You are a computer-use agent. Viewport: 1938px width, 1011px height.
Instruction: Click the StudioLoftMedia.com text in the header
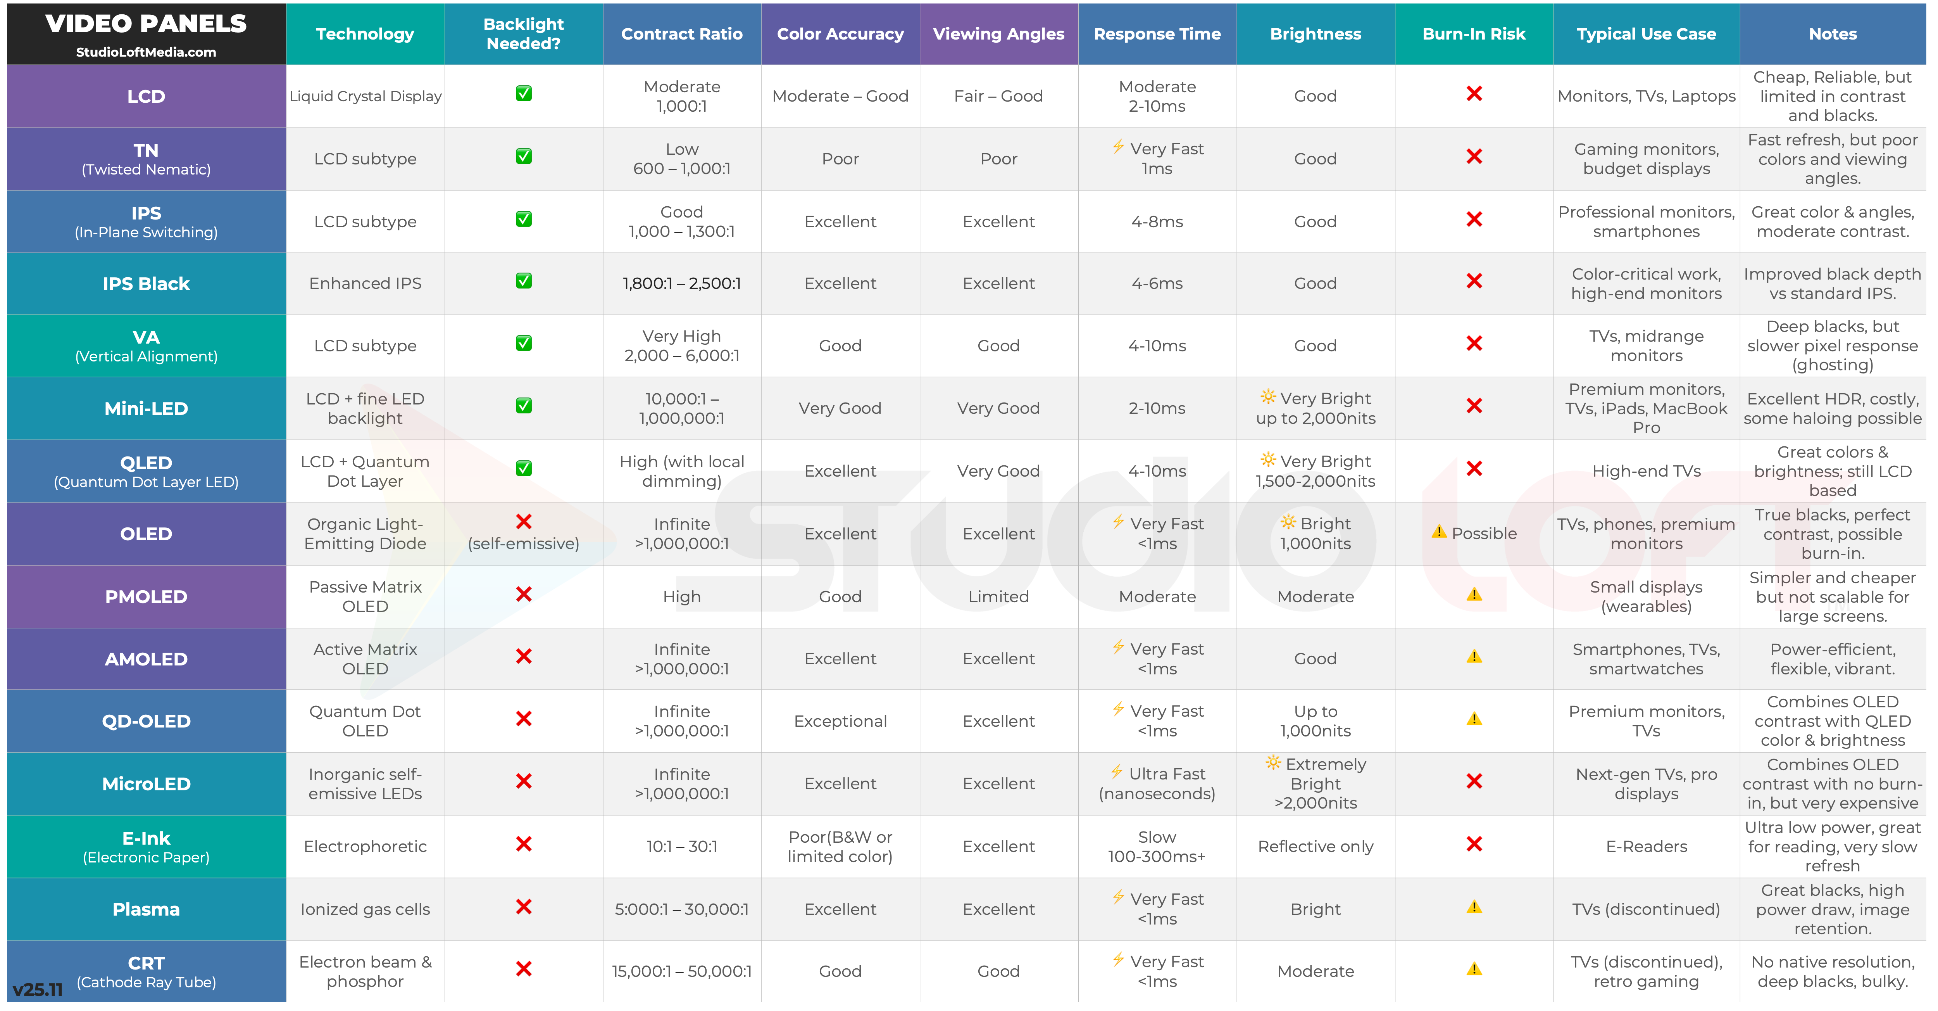pos(146,52)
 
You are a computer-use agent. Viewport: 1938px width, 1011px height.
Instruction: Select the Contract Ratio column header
pos(682,34)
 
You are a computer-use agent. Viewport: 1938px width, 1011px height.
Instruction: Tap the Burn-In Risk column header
pos(1474,34)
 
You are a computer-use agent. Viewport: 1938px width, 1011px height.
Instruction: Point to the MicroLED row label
pos(146,784)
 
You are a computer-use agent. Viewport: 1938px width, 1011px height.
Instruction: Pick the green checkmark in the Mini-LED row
pos(524,406)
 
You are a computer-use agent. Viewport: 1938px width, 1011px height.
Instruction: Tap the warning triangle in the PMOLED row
pos(1474,595)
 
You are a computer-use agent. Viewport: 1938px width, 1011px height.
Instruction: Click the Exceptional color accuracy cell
pos(840,721)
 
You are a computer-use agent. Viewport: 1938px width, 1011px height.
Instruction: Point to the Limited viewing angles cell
pos(998,596)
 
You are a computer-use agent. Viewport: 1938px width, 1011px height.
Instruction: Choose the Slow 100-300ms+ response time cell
pos(1157,846)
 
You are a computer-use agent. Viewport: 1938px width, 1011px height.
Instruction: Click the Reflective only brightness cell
pos(1315,846)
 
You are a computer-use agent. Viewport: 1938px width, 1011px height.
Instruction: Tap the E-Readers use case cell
pos(1646,846)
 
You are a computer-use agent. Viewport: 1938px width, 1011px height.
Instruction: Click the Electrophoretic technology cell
pos(365,846)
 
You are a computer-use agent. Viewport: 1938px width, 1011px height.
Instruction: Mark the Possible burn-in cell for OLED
pos(1474,533)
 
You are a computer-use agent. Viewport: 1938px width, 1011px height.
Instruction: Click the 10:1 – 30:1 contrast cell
pos(682,846)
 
